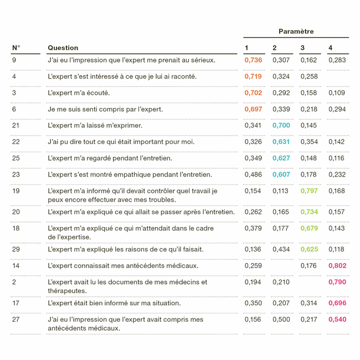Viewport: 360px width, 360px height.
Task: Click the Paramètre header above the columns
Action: pyautogui.click(x=296, y=32)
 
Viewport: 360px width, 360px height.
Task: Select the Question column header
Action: pyautogui.click(x=63, y=48)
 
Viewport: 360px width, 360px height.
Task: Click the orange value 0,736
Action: pyautogui.click(x=253, y=60)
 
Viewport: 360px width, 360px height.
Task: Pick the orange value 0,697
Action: pyautogui.click(x=253, y=110)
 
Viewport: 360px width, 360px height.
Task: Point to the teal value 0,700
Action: pyautogui.click(x=281, y=126)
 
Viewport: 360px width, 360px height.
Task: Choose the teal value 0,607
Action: pyautogui.click(x=281, y=175)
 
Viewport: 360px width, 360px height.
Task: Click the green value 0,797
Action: pyautogui.click(x=309, y=191)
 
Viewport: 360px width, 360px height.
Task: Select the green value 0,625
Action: pyautogui.click(x=309, y=250)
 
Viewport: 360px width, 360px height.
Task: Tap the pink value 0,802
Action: pyautogui.click(x=337, y=266)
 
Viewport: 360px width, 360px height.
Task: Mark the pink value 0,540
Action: pyautogui.click(x=337, y=320)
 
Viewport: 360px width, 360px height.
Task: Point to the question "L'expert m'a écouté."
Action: pyautogui.click(x=79, y=93)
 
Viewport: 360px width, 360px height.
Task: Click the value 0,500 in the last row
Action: pyautogui.click(x=281, y=320)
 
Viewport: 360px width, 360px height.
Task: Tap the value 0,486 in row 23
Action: pyautogui.click(x=253, y=175)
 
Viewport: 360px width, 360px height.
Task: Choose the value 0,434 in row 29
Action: pyautogui.click(x=281, y=250)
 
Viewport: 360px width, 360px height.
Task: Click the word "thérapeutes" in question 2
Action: pyautogui.click(x=66, y=291)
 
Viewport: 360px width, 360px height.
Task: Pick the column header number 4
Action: pyautogui.click(x=330, y=48)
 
